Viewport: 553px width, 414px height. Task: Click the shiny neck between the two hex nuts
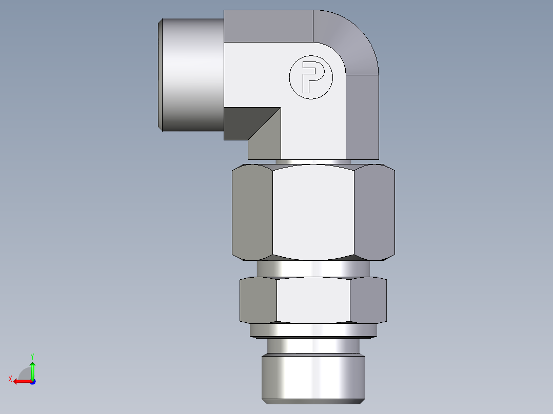tap(313, 267)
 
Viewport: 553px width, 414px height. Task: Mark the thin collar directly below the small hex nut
tap(313, 331)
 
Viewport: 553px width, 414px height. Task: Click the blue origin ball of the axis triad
tap(32, 382)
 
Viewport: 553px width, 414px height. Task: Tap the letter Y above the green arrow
tap(32, 356)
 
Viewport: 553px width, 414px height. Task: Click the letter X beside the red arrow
tap(10, 379)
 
